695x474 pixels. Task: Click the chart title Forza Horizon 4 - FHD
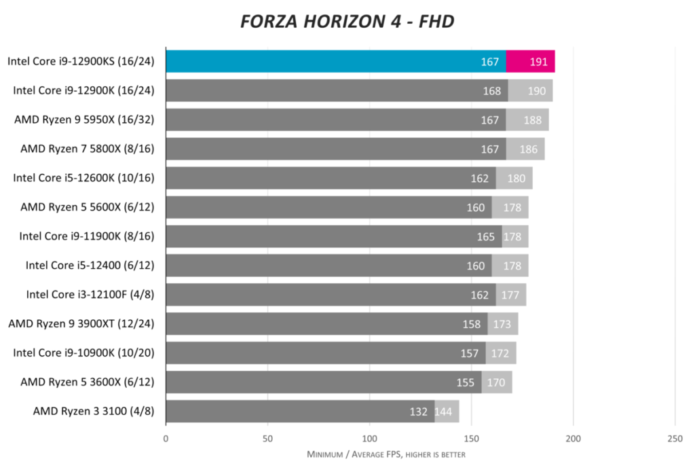tap(347, 22)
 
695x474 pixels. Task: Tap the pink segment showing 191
tap(531, 61)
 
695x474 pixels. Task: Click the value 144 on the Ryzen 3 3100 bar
tap(444, 412)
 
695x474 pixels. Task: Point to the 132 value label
tap(418, 412)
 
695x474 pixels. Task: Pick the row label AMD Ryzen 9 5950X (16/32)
tap(84, 120)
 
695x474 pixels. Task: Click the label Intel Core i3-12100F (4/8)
tap(90, 295)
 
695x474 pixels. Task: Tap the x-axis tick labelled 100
tap(369, 438)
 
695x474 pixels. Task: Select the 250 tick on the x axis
tap(675, 438)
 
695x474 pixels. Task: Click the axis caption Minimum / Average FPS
tap(386, 454)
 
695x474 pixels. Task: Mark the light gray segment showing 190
tap(531, 90)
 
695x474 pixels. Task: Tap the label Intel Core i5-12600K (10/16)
tap(83, 178)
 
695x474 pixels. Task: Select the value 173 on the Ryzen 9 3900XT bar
tap(502, 324)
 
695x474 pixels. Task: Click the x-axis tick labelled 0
tap(166, 438)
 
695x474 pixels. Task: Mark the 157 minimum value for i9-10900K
tap(470, 353)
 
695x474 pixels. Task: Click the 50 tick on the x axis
tap(267, 438)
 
